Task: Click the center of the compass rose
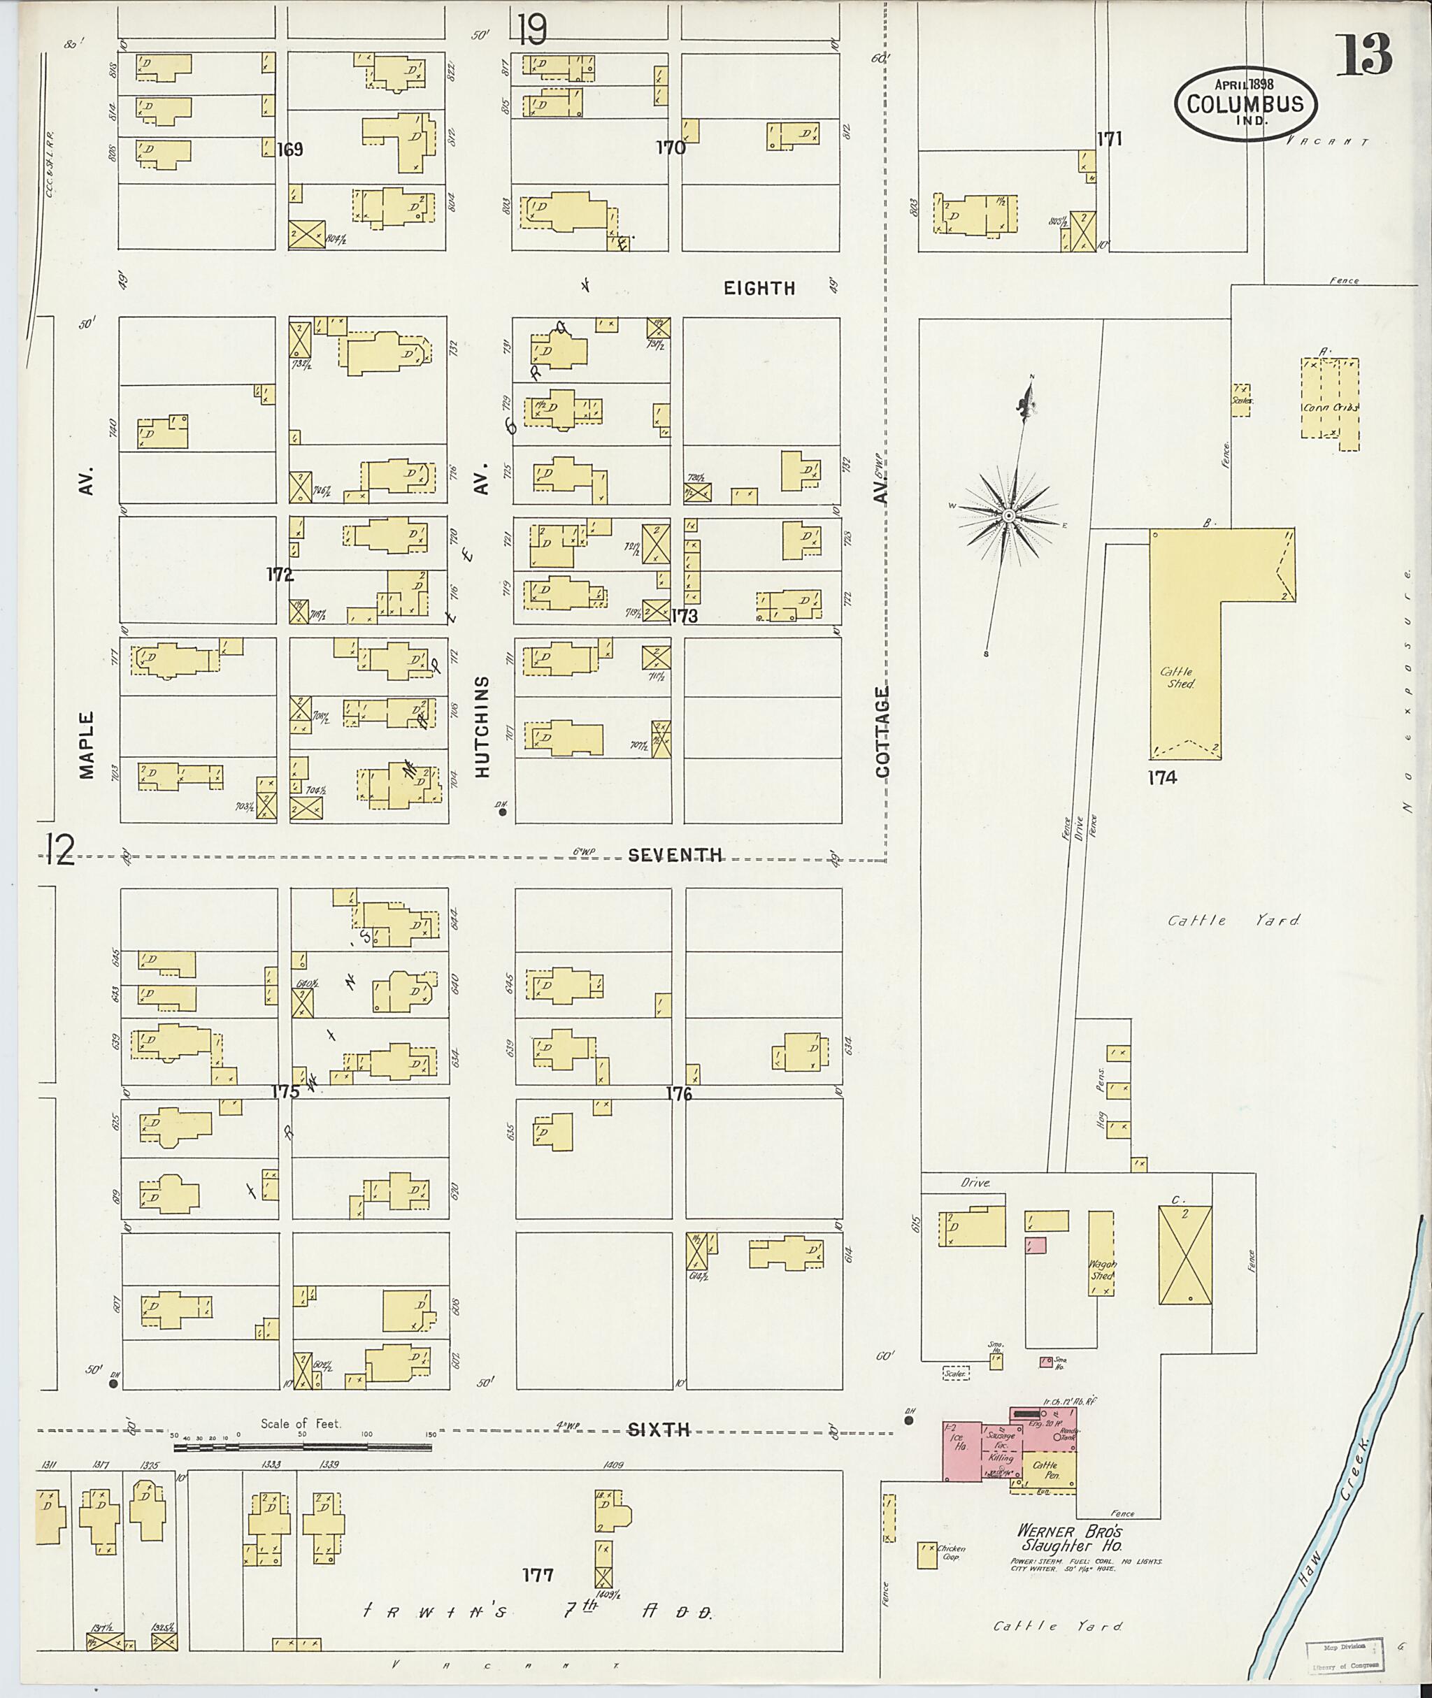pos(1008,516)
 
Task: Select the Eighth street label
pos(759,288)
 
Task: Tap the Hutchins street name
pos(483,726)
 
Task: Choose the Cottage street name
pos(882,732)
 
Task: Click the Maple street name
pos(87,744)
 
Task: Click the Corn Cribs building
pos(1329,403)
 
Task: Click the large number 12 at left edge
pos(61,850)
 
